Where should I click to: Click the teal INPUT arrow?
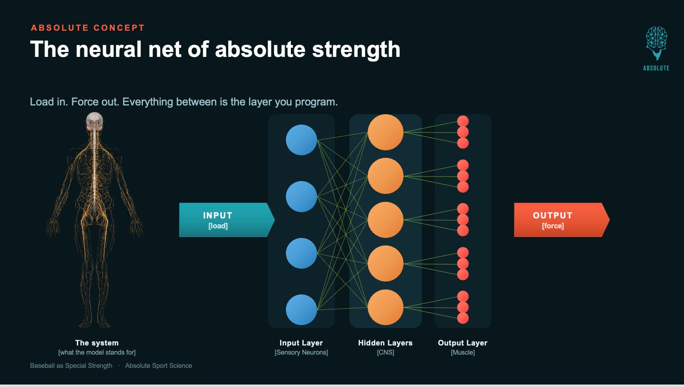[x=226, y=220]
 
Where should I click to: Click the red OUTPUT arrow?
[x=561, y=220]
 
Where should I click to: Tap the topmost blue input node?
[x=301, y=140]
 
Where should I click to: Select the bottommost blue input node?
[x=301, y=309]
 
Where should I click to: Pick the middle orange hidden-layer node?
[x=385, y=220]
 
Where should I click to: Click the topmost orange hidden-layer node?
[x=385, y=132]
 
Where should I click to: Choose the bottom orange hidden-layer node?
[x=385, y=307]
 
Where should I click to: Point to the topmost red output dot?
[x=463, y=121]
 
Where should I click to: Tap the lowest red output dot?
[x=463, y=318]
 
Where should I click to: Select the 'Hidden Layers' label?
[x=385, y=343]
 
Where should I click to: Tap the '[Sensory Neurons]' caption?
[x=301, y=352]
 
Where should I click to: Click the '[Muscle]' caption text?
[x=463, y=352]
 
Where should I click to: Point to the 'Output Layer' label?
[x=463, y=343]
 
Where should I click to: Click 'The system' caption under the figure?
[x=97, y=343]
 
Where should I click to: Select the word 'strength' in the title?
[x=356, y=49]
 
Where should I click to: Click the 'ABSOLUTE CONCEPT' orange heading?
[x=88, y=28]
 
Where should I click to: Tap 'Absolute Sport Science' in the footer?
[x=158, y=366]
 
